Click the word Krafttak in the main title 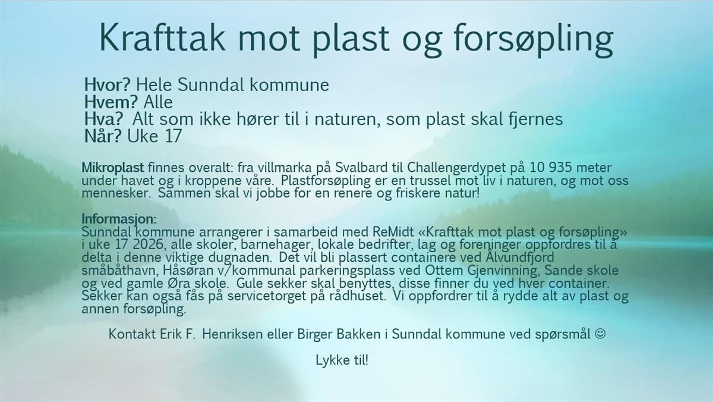pyautogui.click(x=162, y=37)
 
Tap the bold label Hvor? pyautogui.click(x=108, y=84)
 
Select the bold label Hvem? pyautogui.click(x=111, y=102)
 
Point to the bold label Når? pyautogui.click(x=103, y=136)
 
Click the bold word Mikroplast pyautogui.click(x=113, y=168)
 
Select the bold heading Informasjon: pyautogui.click(x=119, y=219)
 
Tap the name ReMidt pyautogui.click(x=393, y=231)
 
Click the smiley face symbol pyautogui.click(x=600, y=334)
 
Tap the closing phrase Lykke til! pyautogui.click(x=342, y=360)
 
